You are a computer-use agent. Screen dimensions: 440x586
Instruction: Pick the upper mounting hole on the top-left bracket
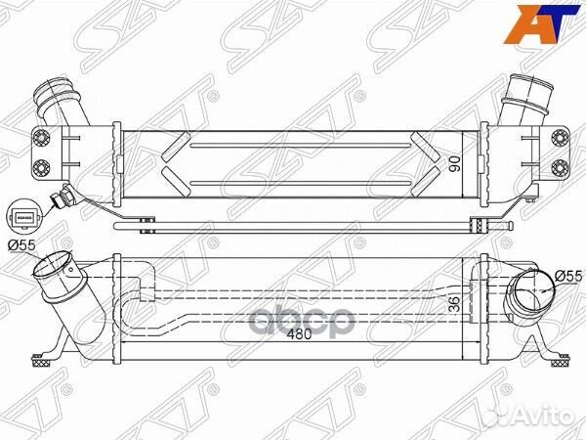(x=44, y=137)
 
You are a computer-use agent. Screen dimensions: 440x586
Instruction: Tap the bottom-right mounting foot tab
(x=559, y=358)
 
